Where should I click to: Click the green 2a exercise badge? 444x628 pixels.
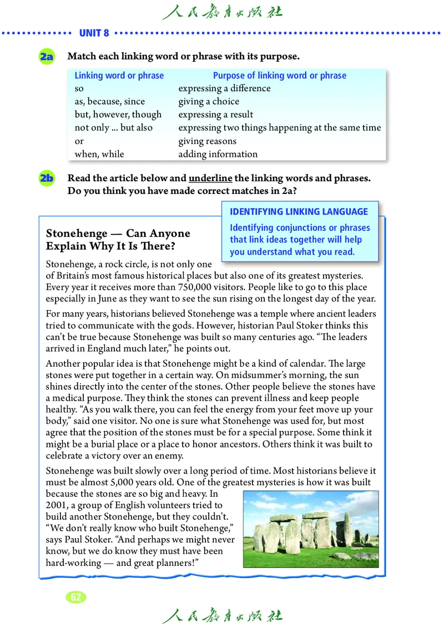pyautogui.click(x=47, y=56)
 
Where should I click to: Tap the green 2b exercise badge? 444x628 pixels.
pyautogui.click(x=47, y=178)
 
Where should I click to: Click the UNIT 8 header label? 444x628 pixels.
pyautogui.click(x=94, y=33)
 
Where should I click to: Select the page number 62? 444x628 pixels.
pyautogui.click(x=76, y=597)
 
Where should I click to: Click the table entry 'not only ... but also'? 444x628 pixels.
pyautogui.click(x=113, y=128)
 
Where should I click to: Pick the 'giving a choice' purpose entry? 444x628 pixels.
pyautogui.click(x=209, y=102)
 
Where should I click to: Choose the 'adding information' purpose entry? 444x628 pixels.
pyautogui.click(x=218, y=154)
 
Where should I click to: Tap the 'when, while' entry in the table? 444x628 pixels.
pyautogui.click(x=99, y=154)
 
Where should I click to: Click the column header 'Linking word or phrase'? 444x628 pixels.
pyautogui.click(x=119, y=76)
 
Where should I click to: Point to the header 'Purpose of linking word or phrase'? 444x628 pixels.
pyautogui.click(x=280, y=76)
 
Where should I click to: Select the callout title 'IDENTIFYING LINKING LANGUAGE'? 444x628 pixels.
pyautogui.click(x=299, y=212)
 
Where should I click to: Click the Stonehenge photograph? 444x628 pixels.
pyautogui.click(x=311, y=529)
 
